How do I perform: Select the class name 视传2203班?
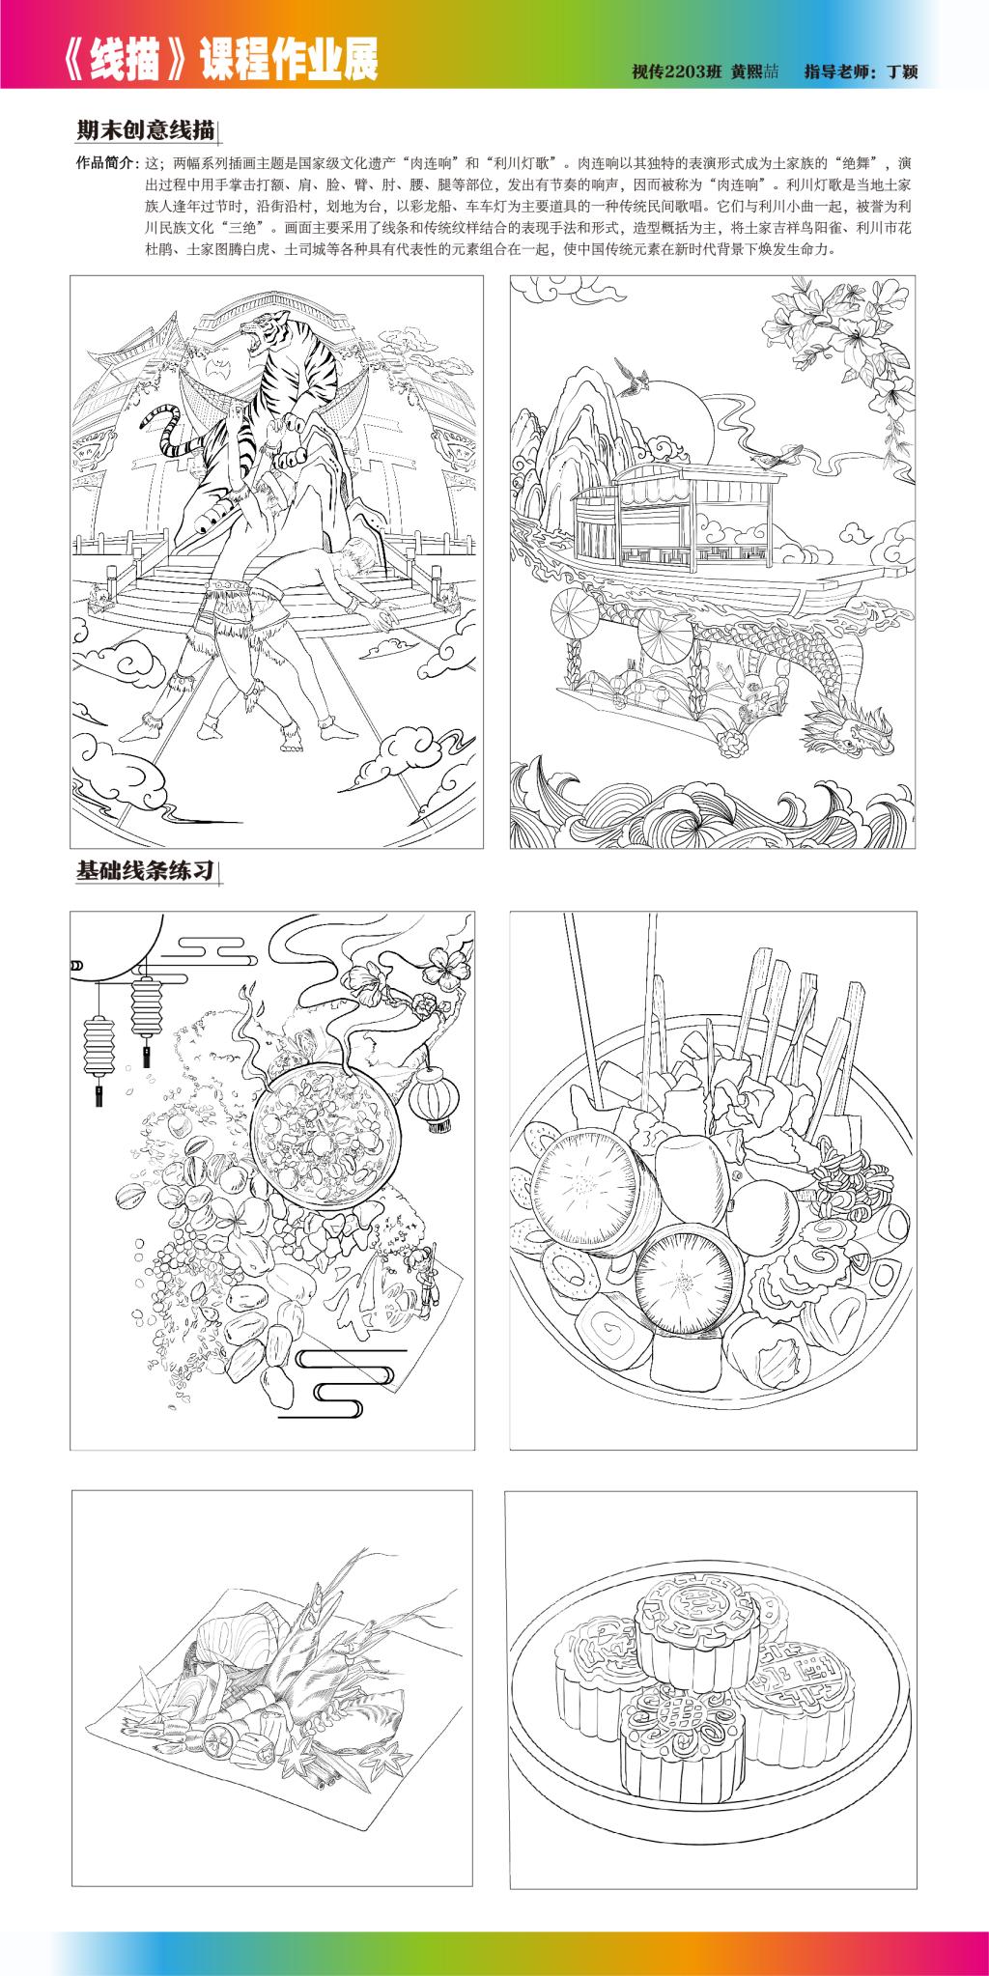tap(678, 71)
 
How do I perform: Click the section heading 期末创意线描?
tap(145, 129)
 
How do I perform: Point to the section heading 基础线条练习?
tap(145, 870)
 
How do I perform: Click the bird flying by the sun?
tap(633, 373)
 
